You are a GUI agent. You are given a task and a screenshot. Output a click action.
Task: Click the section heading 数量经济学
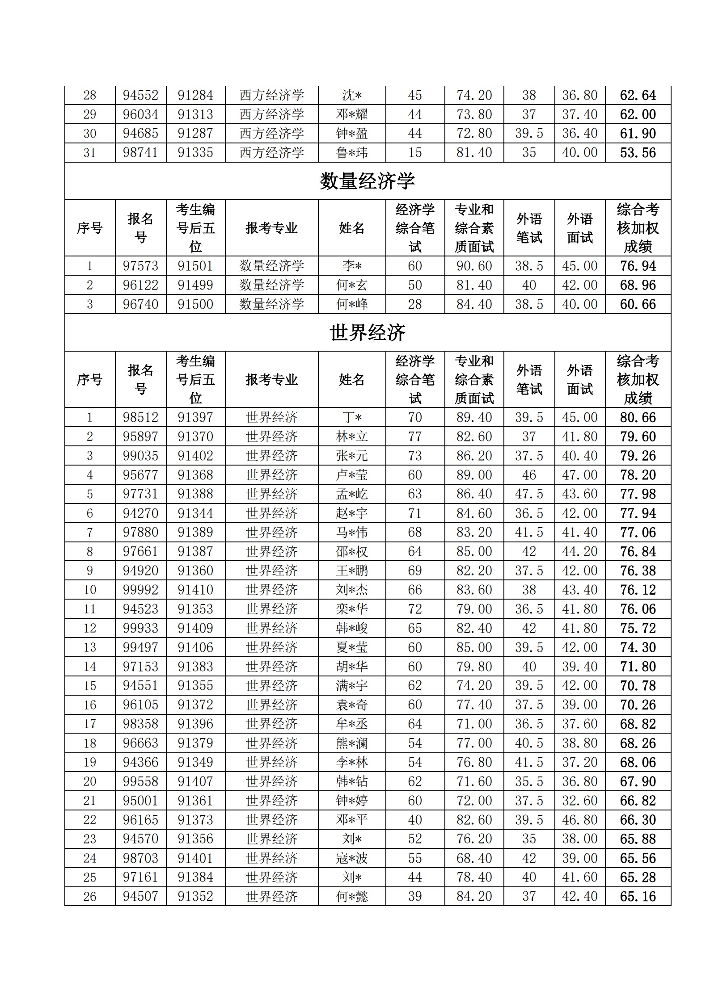(368, 181)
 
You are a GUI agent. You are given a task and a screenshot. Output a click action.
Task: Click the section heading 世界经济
(368, 332)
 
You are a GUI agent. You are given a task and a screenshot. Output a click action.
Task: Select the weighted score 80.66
(638, 417)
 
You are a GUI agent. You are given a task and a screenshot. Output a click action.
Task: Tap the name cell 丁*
(352, 417)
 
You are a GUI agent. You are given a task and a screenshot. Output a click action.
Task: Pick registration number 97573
(140, 266)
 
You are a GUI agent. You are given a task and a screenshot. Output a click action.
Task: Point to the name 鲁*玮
(352, 153)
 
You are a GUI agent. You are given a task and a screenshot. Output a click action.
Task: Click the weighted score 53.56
(638, 153)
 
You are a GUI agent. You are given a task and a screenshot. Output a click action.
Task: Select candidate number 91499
(195, 285)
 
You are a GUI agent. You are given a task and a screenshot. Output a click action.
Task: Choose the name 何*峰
(352, 304)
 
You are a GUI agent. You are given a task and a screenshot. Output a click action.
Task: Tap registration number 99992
(140, 590)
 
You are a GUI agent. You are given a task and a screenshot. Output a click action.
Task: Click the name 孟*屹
(352, 494)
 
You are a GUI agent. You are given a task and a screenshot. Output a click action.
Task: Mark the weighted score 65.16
(638, 896)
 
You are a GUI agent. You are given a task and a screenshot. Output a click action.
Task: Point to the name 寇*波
(352, 858)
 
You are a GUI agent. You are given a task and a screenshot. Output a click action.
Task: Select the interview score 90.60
(474, 266)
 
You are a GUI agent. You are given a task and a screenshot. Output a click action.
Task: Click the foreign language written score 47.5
(529, 494)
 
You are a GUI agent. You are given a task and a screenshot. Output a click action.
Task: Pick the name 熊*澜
(352, 743)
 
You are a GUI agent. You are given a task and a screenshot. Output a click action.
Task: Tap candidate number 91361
(195, 800)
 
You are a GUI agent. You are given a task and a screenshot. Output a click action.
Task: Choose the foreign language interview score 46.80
(579, 820)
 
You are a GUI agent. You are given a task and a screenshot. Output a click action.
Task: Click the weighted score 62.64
(638, 95)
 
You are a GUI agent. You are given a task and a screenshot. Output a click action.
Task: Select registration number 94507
(140, 896)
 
